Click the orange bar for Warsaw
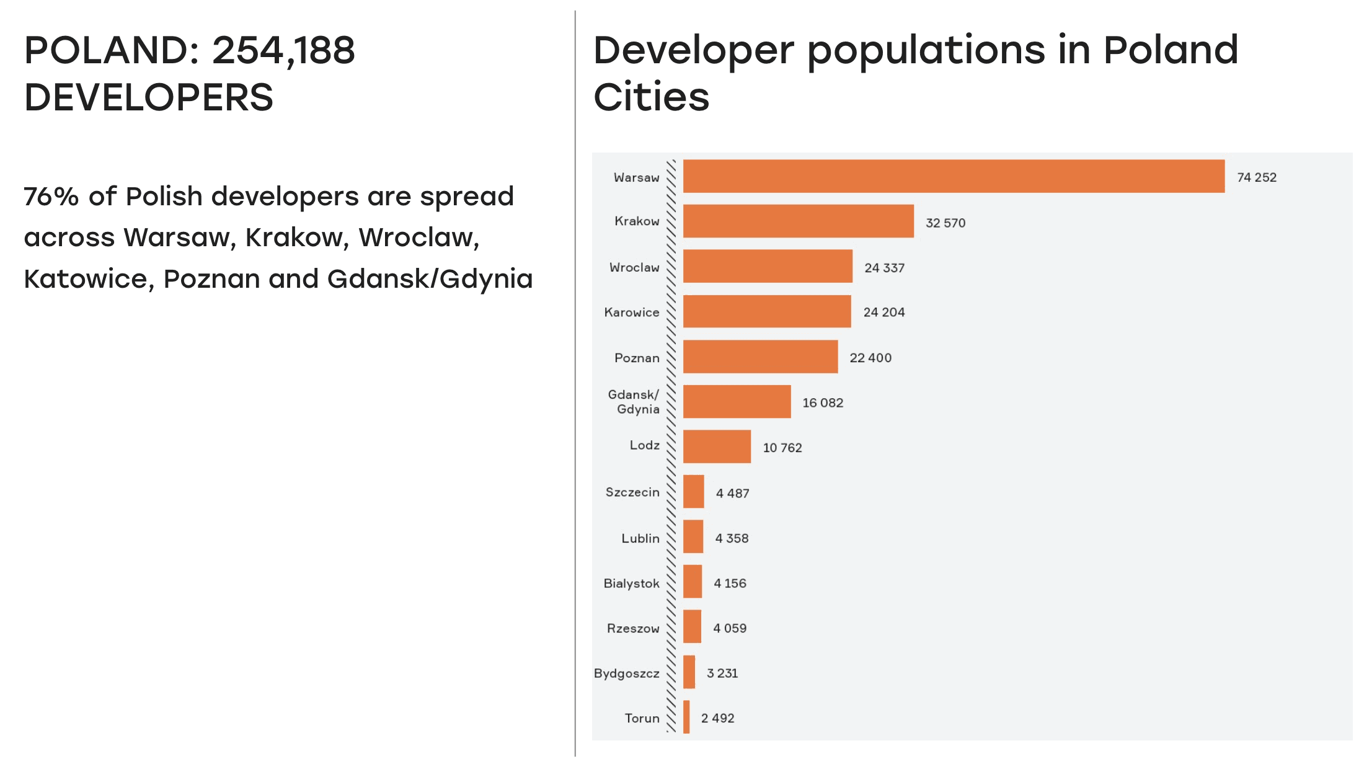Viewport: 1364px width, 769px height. pos(954,176)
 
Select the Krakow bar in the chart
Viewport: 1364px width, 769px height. pos(798,221)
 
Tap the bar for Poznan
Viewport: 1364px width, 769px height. pos(760,357)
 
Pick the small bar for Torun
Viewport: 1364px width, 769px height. pos(686,717)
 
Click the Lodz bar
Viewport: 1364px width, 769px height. pos(717,447)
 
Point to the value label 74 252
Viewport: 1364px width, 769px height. pos(1257,177)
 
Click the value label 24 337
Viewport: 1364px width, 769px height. pos(884,268)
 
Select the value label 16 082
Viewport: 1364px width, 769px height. pos(823,403)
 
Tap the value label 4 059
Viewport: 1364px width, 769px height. pos(730,628)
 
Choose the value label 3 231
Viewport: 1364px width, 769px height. pos(722,673)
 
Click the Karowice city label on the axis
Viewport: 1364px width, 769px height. pos(631,313)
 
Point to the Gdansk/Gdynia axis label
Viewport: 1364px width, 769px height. pos(634,402)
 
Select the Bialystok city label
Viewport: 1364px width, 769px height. pos(631,584)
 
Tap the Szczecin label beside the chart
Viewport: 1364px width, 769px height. pos(632,492)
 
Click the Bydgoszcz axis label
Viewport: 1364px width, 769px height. pos(626,673)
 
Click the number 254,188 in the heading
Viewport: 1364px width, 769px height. pos(283,50)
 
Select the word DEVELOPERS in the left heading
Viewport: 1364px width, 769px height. pos(149,97)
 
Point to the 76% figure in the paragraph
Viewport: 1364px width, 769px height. pos(51,197)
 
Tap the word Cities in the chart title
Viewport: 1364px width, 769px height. pos(651,97)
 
